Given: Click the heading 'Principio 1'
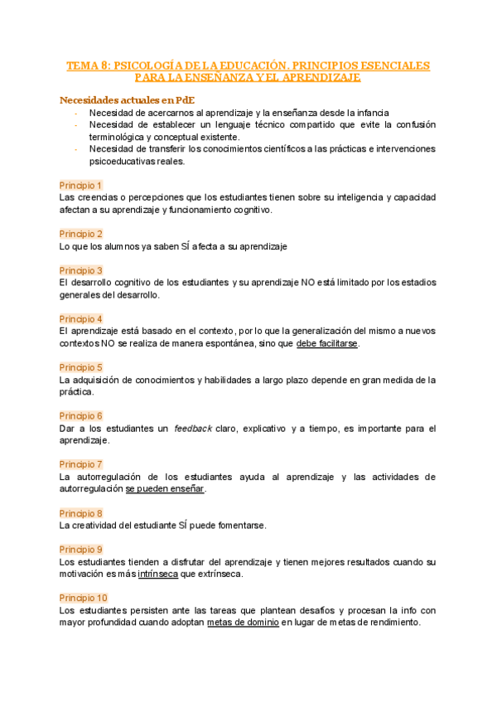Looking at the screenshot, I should [x=81, y=186].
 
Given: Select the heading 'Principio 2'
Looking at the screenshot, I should [x=81, y=234].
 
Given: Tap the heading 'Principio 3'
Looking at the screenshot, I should [x=81, y=270].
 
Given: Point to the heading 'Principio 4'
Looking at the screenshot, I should [x=81, y=318].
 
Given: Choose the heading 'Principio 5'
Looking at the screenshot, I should [x=81, y=367].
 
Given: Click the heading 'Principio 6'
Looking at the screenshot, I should [x=81, y=415].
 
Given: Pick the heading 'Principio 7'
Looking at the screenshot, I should [x=81, y=464].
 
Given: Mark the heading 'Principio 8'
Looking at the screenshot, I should [x=81, y=513].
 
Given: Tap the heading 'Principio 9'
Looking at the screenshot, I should [x=81, y=549].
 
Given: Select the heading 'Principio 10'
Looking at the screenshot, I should [x=84, y=598].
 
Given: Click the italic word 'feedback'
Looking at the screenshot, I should [x=192, y=429].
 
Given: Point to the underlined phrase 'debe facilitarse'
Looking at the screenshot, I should [x=328, y=343].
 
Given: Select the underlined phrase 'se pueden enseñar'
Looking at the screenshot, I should [x=165, y=489].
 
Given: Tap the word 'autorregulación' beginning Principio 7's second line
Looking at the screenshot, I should [x=91, y=489].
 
